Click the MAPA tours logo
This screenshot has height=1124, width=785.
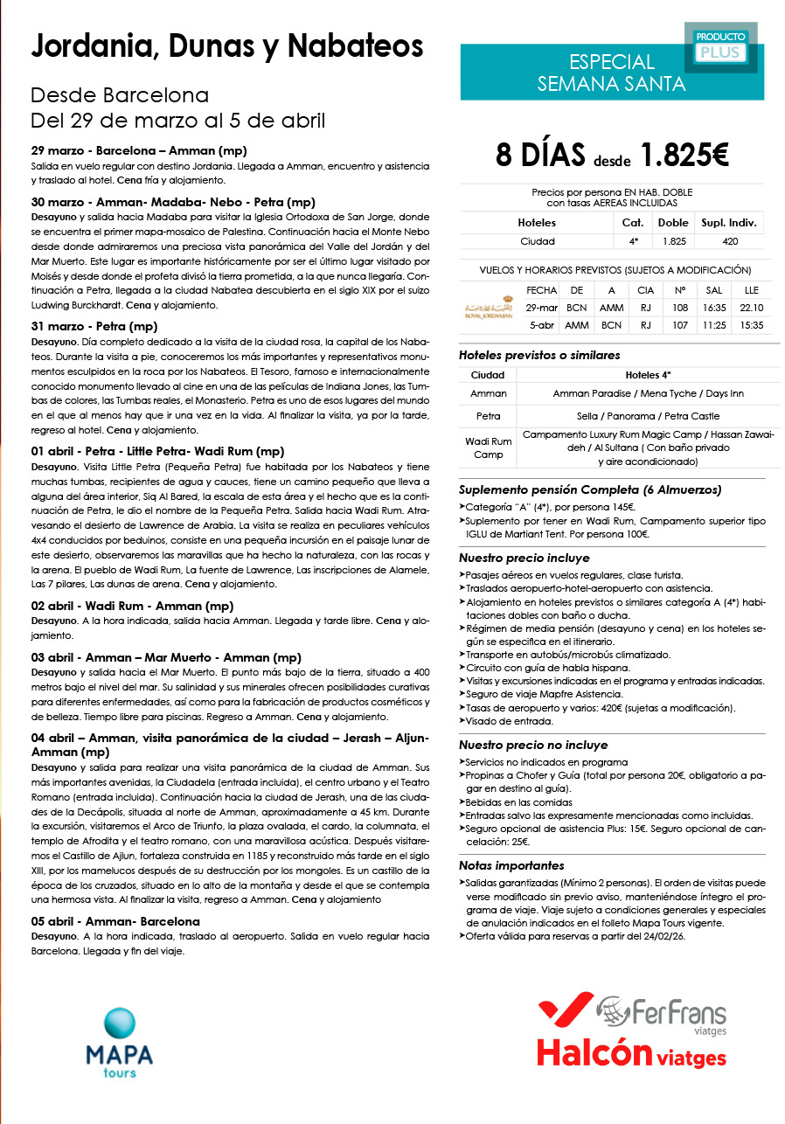pyautogui.click(x=119, y=1042)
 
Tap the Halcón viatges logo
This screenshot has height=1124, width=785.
pyautogui.click(x=631, y=1053)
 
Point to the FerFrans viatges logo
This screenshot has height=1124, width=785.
pyautogui.click(x=662, y=1015)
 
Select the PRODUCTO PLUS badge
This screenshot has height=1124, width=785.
pyautogui.click(x=721, y=45)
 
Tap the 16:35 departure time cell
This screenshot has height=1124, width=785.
pyautogui.click(x=714, y=308)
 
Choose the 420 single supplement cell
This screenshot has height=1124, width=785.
pyautogui.click(x=732, y=240)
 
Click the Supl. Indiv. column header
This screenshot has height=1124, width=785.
pyautogui.click(x=732, y=223)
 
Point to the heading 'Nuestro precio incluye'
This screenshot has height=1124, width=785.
pyautogui.click(x=524, y=558)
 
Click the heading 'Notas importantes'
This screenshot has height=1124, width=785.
pyautogui.click(x=511, y=865)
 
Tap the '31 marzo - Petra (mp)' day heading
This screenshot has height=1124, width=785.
pyautogui.click(x=94, y=327)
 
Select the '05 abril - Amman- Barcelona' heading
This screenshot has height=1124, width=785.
pyautogui.click(x=115, y=921)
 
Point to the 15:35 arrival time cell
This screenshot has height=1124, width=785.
pyautogui.click(x=752, y=325)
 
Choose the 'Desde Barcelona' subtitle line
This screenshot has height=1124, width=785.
pyautogui.click(x=120, y=94)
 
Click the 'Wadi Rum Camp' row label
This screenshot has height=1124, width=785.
pyautogui.click(x=488, y=448)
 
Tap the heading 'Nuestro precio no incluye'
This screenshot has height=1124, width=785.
pyautogui.click(x=533, y=746)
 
